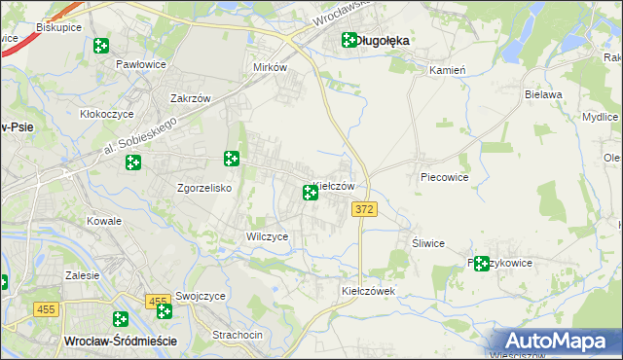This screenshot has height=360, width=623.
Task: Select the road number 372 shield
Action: tap(364, 210)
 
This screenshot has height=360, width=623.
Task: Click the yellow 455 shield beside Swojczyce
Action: tap(159, 304)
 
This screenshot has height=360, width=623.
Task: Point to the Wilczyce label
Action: tap(266, 236)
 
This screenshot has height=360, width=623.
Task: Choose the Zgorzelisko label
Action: tap(202, 188)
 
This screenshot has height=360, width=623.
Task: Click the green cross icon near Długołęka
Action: tap(349, 41)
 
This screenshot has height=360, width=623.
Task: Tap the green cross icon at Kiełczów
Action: tap(311, 193)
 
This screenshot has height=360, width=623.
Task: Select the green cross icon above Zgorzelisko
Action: tap(232, 159)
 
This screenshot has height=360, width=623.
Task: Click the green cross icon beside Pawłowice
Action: tap(100, 46)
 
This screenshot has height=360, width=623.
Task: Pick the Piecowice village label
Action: tap(445, 178)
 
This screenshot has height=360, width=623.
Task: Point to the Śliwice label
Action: tap(428, 243)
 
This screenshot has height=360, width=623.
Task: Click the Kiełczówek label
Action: tap(367, 291)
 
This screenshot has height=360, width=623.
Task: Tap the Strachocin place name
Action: tap(238, 335)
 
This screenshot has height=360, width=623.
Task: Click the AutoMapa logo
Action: tap(556, 342)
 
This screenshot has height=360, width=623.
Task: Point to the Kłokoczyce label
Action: tap(106, 114)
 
